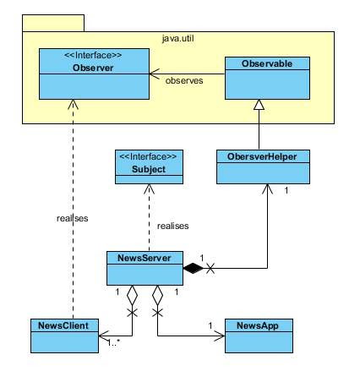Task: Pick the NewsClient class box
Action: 63,336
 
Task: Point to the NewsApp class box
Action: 259,336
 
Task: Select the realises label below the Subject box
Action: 172,226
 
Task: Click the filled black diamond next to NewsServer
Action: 194,269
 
